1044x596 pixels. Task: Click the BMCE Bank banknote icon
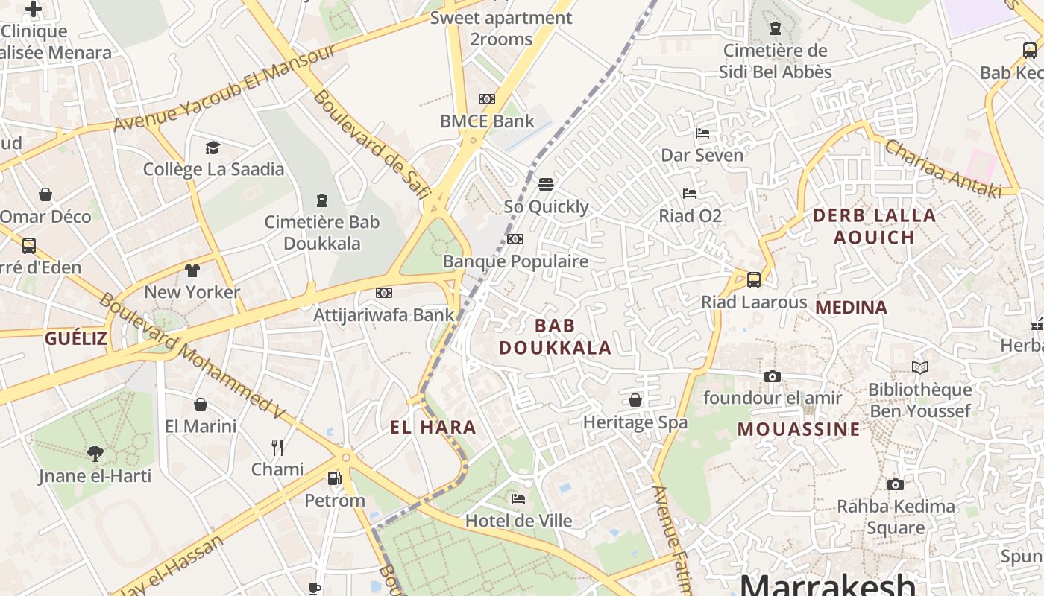coord(487,99)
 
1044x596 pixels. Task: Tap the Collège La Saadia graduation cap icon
coord(213,148)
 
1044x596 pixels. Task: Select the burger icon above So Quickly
coord(546,184)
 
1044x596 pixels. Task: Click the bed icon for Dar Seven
coord(702,133)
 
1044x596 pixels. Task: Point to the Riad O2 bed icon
coord(690,194)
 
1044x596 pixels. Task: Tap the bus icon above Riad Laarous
coord(754,280)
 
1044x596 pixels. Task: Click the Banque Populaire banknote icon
coord(515,239)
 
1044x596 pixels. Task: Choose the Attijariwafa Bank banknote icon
coord(384,293)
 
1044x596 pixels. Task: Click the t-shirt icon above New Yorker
coord(192,270)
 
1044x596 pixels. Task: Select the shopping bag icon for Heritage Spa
coord(635,400)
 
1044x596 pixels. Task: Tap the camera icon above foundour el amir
coord(773,376)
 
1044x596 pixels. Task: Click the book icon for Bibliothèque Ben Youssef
coord(920,367)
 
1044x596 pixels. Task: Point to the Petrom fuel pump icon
coord(335,478)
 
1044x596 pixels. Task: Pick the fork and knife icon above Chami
coord(277,447)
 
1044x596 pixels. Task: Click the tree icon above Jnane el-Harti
coord(95,453)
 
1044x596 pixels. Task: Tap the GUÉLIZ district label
coord(75,339)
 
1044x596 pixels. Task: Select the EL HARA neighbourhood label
coord(433,427)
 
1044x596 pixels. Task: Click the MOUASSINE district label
coord(799,429)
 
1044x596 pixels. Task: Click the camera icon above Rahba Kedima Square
coord(896,484)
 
